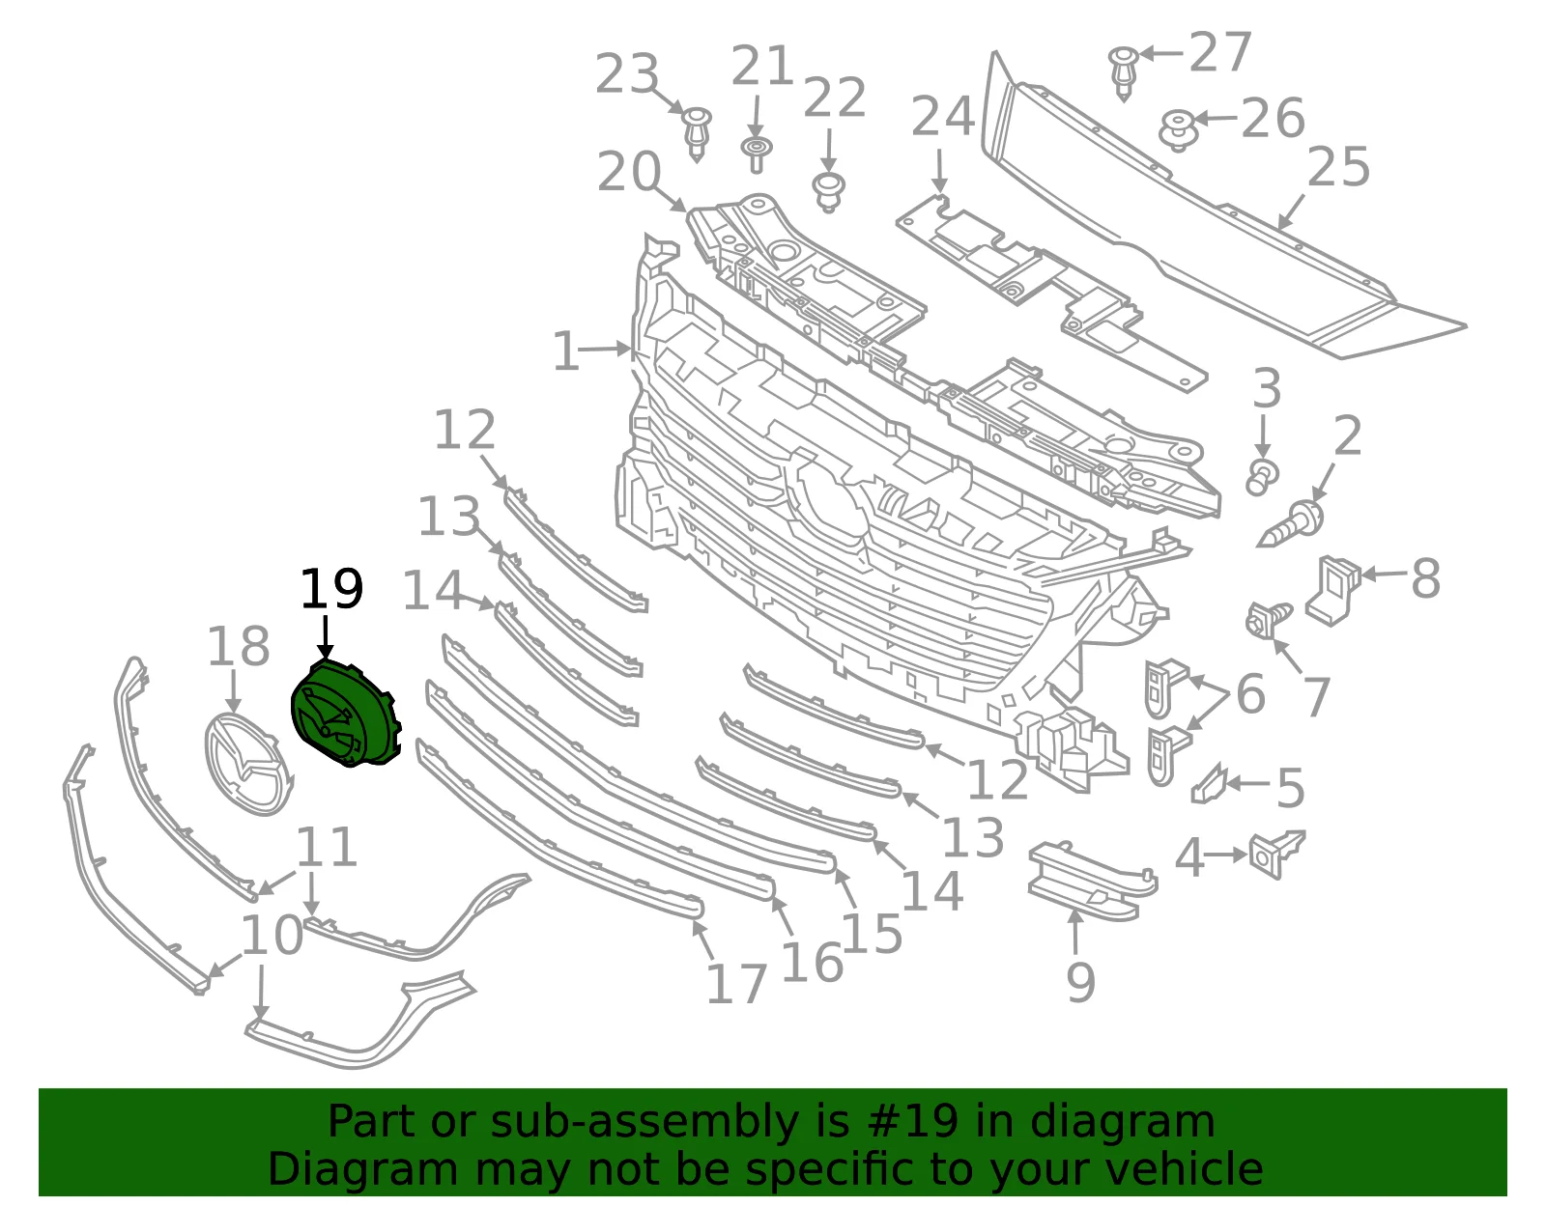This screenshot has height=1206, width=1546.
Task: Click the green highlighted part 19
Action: [346, 714]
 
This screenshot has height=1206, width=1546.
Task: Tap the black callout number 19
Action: [331, 589]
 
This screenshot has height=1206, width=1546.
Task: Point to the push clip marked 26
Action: [1179, 130]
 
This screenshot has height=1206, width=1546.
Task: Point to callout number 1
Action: [567, 351]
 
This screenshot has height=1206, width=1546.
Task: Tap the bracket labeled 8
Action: [1331, 590]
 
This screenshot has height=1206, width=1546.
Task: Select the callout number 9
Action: [1080, 983]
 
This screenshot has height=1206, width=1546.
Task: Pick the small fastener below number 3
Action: [1261, 477]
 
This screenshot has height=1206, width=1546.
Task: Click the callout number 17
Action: [736, 984]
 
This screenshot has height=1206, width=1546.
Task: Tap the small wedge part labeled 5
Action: [1209, 784]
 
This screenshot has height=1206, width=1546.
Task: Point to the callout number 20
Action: [629, 172]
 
